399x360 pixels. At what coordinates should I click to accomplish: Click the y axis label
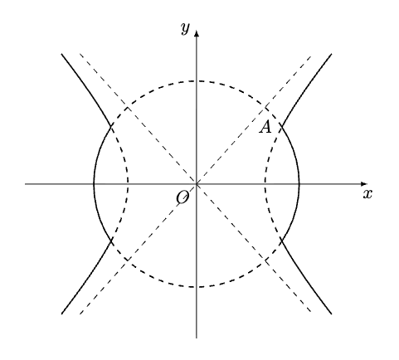186,28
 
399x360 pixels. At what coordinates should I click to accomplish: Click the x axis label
367,194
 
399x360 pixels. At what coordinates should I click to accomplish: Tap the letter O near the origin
182,197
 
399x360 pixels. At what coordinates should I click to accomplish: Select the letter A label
265,128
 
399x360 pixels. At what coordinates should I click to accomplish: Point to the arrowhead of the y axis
197,33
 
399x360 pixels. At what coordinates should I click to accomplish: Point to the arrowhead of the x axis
364,184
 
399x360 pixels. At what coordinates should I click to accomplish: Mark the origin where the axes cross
197,184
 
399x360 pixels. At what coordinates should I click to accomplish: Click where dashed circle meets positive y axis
197,81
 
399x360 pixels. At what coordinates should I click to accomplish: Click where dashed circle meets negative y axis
197,287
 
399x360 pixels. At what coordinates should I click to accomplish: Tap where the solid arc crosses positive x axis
299,184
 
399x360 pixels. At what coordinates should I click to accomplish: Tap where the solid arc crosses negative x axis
94,184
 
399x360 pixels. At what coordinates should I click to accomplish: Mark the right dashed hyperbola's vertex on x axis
265,184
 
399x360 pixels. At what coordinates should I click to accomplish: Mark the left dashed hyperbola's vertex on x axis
128,184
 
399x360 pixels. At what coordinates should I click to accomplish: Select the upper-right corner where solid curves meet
281,126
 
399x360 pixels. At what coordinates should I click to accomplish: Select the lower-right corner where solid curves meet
281,241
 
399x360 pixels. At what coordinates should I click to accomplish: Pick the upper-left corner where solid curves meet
111,126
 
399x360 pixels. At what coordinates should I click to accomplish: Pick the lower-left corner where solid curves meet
111,241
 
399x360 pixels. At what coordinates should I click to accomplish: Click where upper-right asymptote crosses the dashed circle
265,107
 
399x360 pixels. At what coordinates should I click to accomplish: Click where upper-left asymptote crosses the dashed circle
127,107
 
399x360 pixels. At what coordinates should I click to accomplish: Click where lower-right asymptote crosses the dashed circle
265,260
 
